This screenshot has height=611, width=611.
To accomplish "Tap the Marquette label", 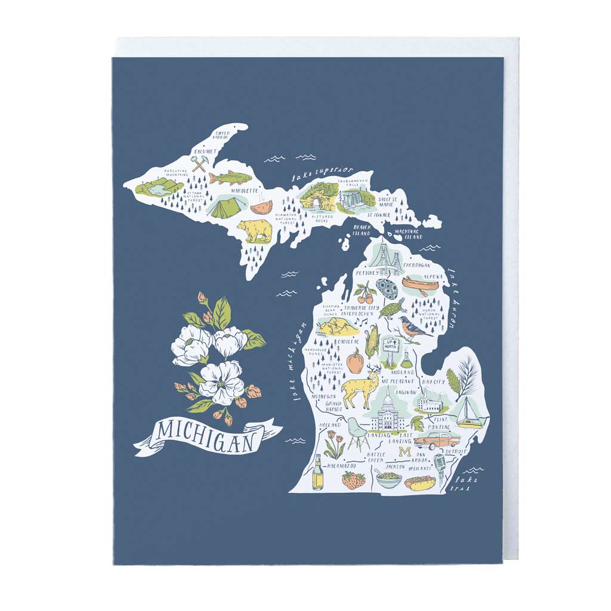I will point(244,191).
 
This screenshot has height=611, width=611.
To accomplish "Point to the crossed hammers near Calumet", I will point(199,163).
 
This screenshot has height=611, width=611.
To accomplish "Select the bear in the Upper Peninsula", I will point(255,231).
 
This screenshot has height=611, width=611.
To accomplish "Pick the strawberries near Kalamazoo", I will point(353,480).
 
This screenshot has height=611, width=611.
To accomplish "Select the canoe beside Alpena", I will point(416,283).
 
